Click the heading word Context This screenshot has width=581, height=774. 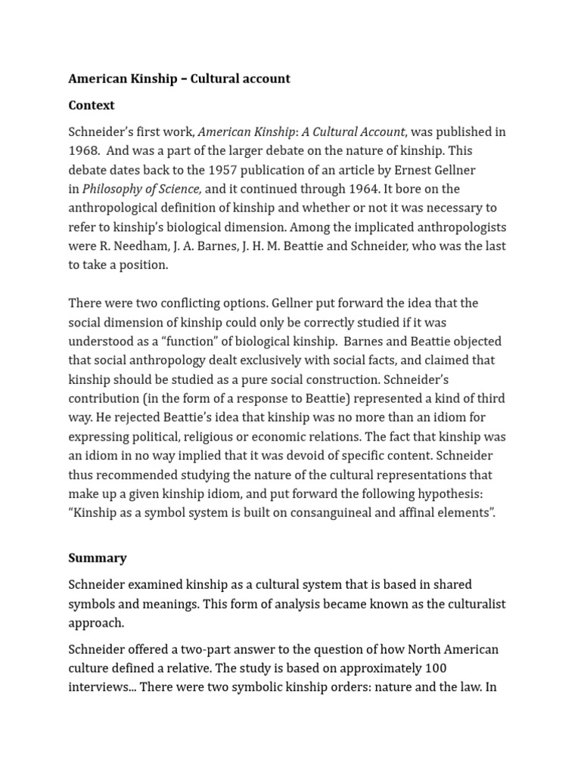coord(92,105)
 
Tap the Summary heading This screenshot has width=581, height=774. coord(98,558)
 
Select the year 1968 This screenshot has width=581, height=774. coord(84,150)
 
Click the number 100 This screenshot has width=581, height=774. coord(436,668)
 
